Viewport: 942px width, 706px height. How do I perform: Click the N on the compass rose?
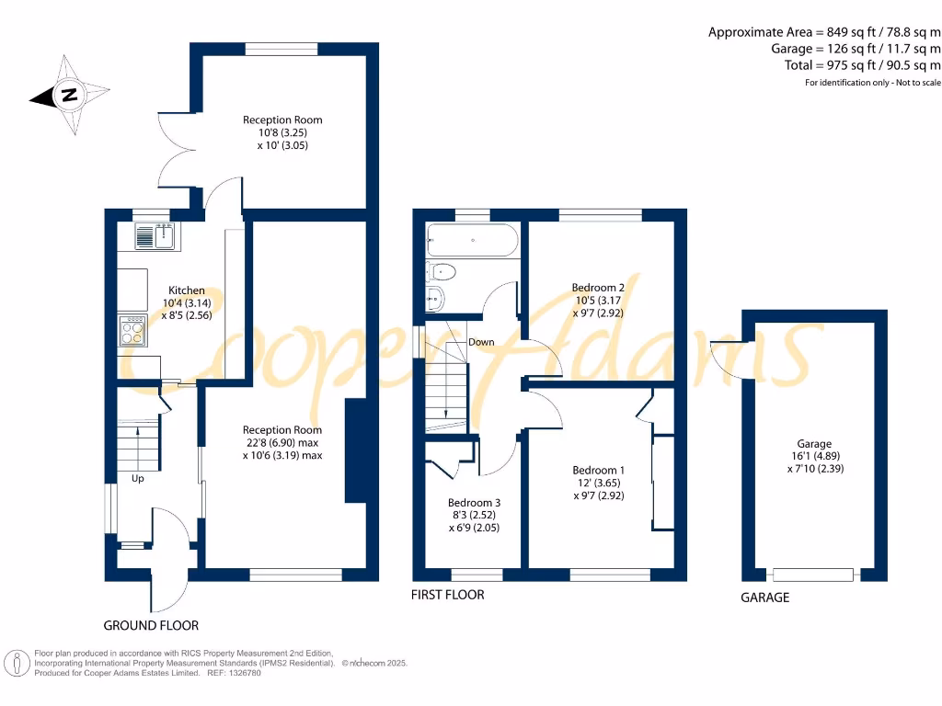69,95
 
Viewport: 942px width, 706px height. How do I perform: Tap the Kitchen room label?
186,290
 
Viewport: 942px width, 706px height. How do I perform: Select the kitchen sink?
156,236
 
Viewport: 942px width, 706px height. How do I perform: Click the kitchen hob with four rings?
132,331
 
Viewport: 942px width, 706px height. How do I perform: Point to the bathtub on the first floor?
472,240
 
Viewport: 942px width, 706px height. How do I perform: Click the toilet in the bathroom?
441,272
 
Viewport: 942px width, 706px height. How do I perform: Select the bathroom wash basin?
435,299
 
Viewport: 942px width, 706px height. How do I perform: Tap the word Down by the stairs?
481,342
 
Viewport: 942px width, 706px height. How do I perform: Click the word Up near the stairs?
138,478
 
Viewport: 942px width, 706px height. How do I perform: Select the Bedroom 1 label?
598,470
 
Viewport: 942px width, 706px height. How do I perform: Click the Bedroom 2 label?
598,288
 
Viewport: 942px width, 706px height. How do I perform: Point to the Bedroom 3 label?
474,503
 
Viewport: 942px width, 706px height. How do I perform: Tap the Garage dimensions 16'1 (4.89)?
815,456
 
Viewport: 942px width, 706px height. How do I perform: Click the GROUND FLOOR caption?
151,625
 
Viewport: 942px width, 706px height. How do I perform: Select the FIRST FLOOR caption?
448,595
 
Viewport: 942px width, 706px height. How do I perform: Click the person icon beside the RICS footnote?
17,664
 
